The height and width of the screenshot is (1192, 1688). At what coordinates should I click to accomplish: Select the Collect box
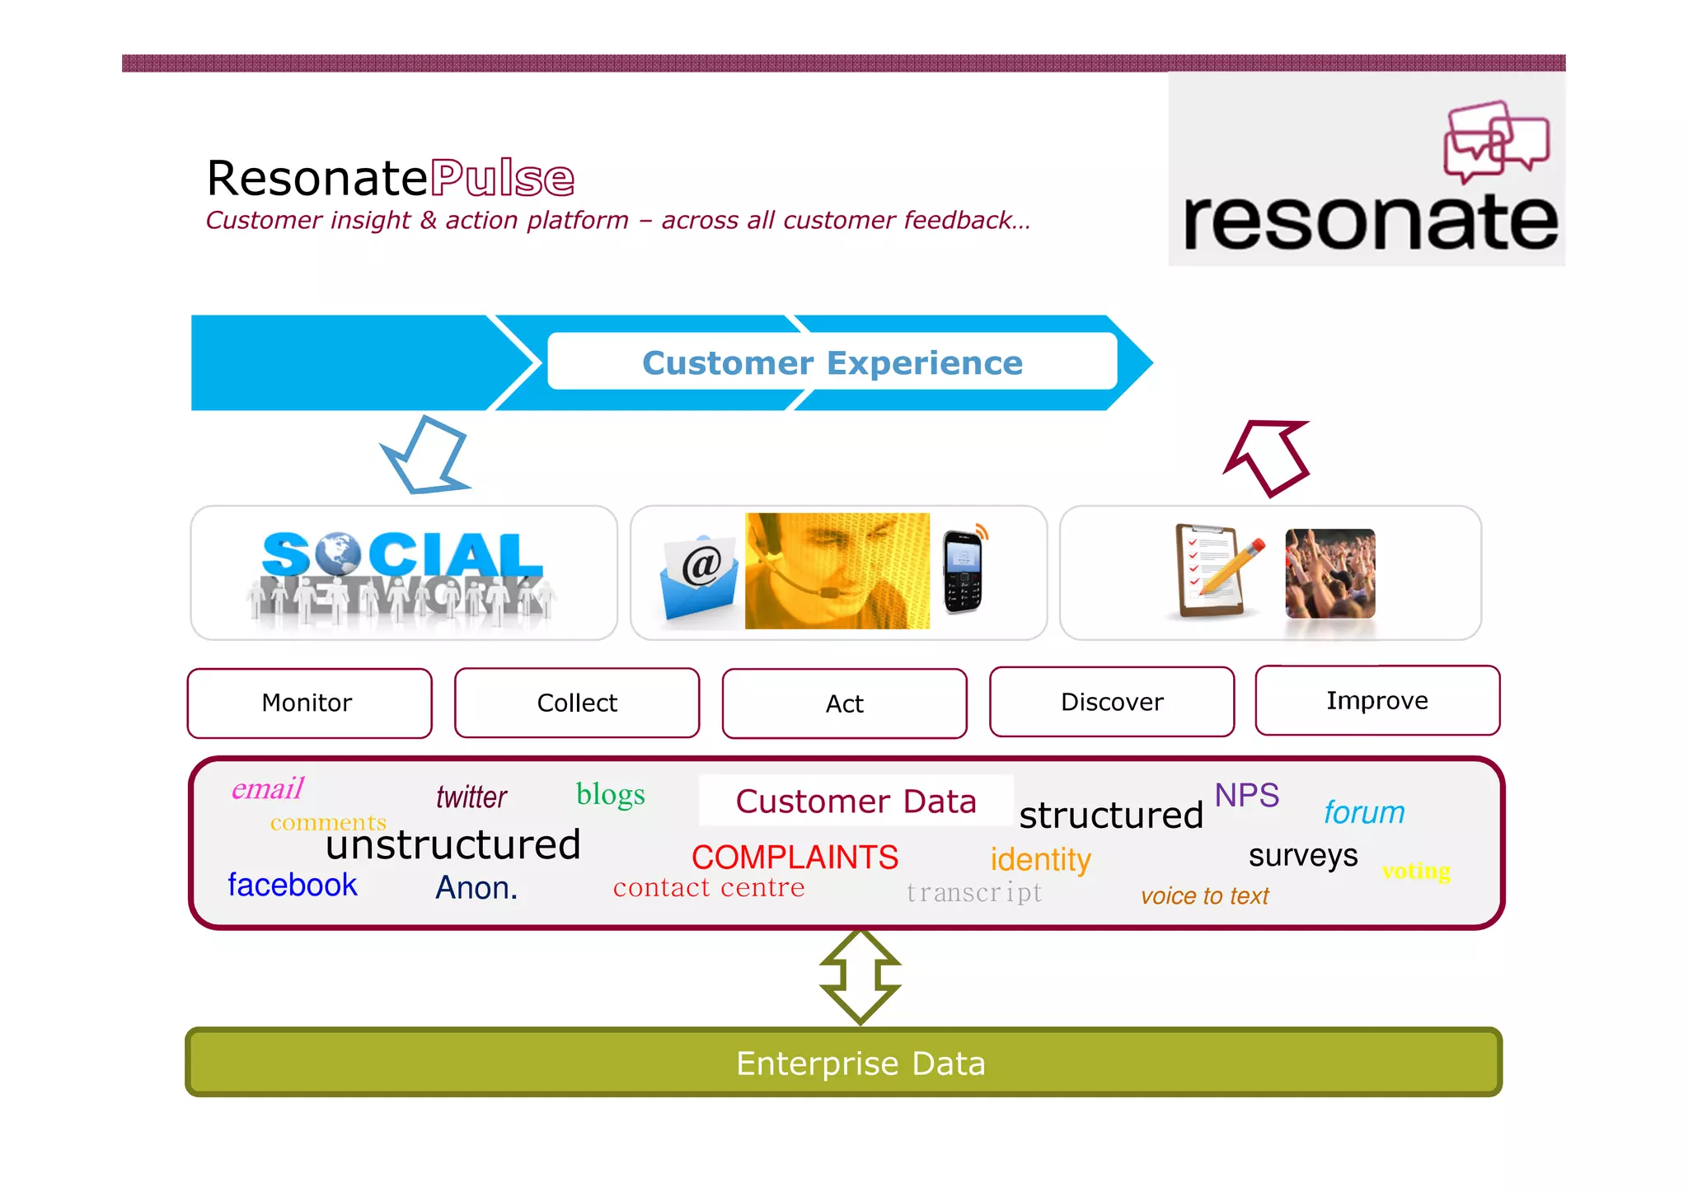(x=577, y=703)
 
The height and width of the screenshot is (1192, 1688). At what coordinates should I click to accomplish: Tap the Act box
(x=844, y=704)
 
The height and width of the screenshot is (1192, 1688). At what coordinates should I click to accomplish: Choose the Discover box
(x=1112, y=702)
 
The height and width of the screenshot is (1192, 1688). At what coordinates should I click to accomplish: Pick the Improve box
(x=1377, y=700)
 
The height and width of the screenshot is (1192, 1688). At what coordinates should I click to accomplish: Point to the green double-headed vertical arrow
(x=860, y=977)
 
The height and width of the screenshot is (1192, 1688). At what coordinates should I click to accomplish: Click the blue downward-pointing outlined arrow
(x=427, y=456)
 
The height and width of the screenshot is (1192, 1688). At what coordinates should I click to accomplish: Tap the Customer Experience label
(x=832, y=362)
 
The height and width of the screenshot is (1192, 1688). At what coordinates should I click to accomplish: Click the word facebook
(x=293, y=885)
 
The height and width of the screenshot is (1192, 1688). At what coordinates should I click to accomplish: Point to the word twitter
(x=471, y=797)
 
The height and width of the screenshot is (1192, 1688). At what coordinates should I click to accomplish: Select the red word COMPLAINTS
(x=795, y=858)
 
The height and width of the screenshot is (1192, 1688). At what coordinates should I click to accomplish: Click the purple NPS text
(x=1246, y=795)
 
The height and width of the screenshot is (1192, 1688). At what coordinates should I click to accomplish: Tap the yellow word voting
(x=1416, y=871)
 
